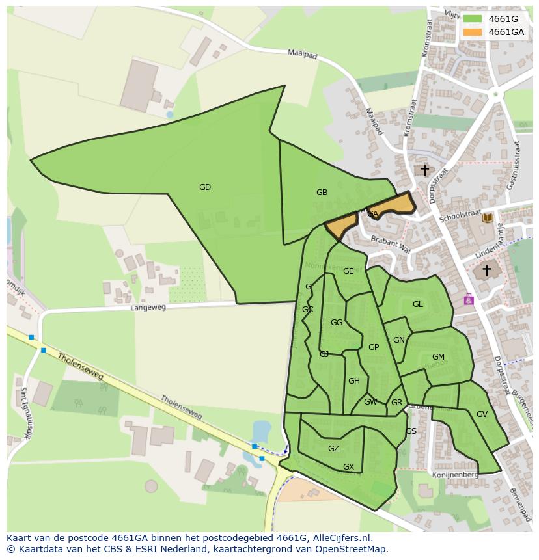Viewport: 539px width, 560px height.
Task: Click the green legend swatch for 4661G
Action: click(x=473, y=19)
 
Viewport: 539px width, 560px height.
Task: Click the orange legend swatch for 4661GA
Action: click(x=473, y=32)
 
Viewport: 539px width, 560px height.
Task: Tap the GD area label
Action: click(x=205, y=187)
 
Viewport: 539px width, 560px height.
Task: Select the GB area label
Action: click(x=322, y=193)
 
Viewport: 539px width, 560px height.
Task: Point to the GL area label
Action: click(x=417, y=304)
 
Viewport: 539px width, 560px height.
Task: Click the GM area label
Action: click(x=438, y=357)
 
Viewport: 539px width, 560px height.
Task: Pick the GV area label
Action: click(x=482, y=414)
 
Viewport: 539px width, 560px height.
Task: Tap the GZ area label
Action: click(x=333, y=449)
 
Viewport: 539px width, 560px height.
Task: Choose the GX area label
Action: click(x=348, y=467)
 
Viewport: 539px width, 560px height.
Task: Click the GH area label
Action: click(x=353, y=381)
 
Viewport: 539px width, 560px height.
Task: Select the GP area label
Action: click(x=373, y=347)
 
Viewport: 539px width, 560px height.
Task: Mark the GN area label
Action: click(x=399, y=340)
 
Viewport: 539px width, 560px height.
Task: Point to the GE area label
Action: click(x=348, y=271)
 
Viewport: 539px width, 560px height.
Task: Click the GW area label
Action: click(x=370, y=402)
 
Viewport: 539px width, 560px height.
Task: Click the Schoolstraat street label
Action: click(x=460, y=216)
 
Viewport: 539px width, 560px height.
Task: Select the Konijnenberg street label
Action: click(x=455, y=475)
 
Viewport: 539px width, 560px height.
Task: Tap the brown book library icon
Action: click(x=487, y=218)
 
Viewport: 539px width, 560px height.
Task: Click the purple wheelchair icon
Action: click(x=468, y=300)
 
